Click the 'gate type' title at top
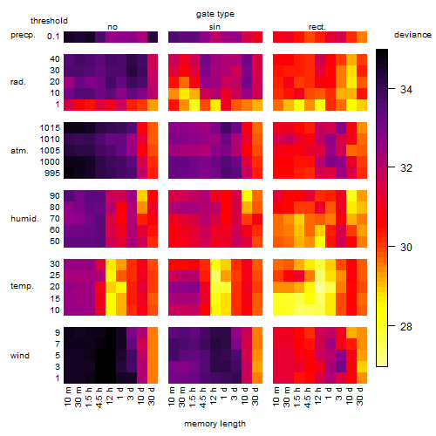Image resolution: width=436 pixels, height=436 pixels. click(x=215, y=14)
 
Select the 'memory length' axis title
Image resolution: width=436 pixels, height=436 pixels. click(x=215, y=424)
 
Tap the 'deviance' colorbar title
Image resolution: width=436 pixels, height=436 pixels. click(x=412, y=35)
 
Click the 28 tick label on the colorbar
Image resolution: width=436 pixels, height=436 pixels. click(x=406, y=327)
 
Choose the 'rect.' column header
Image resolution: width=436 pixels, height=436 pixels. click(x=317, y=27)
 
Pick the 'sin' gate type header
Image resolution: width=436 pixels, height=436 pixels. click(x=215, y=27)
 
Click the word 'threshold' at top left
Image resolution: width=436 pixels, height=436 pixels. click(x=49, y=21)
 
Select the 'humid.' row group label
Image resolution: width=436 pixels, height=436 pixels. click(x=24, y=219)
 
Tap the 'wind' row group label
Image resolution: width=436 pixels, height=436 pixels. click(x=20, y=356)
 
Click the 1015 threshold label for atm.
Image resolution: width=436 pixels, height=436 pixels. click(x=50, y=128)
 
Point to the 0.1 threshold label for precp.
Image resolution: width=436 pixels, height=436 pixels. click(x=53, y=37)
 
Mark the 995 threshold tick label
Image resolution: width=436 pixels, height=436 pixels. click(x=52, y=174)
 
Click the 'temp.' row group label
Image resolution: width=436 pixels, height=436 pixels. click(x=22, y=286)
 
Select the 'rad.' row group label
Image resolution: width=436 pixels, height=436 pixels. click(x=18, y=82)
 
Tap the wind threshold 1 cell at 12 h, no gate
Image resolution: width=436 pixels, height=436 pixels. click(x=111, y=378)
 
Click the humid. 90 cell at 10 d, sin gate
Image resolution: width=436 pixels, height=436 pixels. click(x=247, y=196)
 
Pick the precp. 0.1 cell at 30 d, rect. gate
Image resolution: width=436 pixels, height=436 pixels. click(x=362, y=37)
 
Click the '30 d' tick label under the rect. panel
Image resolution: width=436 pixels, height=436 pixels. click(x=360, y=396)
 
